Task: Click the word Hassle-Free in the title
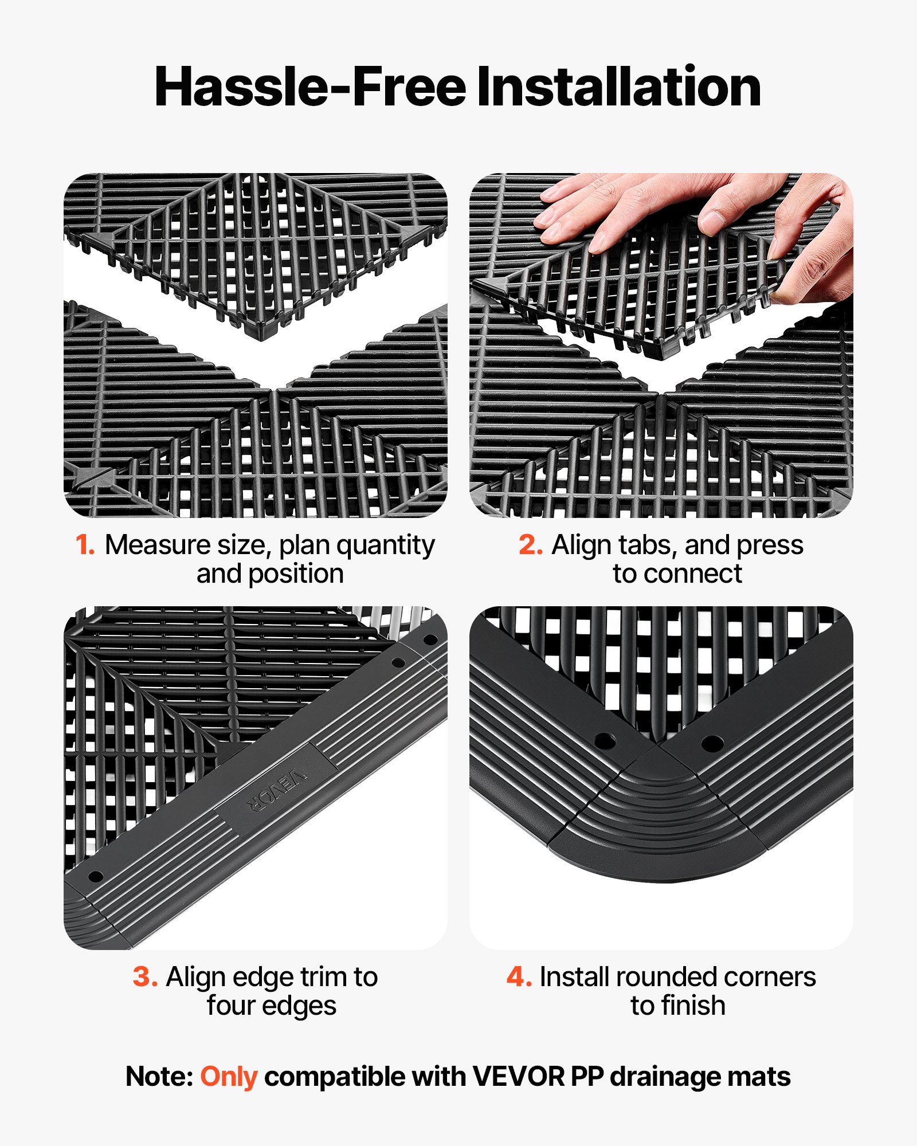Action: (x=310, y=87)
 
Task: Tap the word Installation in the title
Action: (x=618, y=87)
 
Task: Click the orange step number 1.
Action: (x=85, y=545)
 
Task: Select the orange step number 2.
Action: (x=530, y=545)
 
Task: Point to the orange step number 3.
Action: (x=145, y=977)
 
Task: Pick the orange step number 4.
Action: (x=519, y=977)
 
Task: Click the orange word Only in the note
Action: (x=228, y=1077)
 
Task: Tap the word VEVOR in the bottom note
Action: (x=518, y=1077)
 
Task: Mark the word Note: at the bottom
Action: (x=159, y=1077)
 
